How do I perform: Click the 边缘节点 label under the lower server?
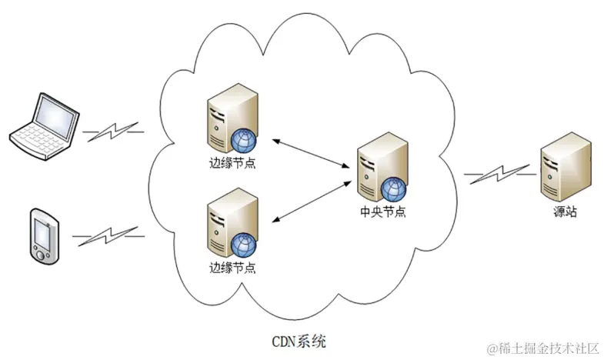232,268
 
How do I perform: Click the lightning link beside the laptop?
114,131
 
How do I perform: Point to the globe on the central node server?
393,188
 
